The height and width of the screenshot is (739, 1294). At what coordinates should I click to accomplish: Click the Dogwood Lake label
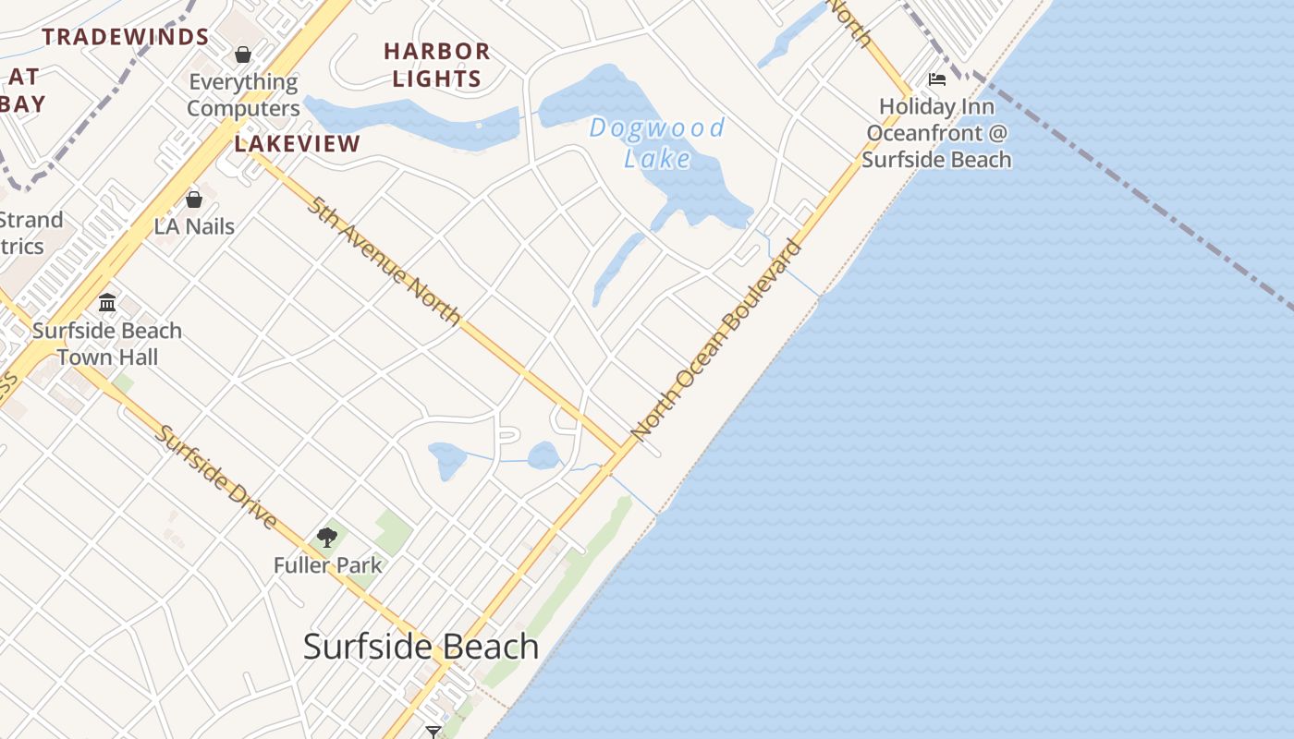657,142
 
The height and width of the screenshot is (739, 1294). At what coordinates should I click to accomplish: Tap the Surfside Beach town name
421,647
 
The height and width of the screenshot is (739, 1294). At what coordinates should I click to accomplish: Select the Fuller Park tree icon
327,537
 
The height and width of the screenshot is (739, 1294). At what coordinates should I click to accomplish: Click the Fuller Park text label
327,564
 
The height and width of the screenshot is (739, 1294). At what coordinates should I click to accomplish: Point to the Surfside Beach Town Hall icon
107,302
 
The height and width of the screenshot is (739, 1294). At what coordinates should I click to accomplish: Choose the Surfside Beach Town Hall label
107,344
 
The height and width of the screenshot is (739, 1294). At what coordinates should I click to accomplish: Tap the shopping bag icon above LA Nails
194,199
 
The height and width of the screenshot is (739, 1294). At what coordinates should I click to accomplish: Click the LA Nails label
194,226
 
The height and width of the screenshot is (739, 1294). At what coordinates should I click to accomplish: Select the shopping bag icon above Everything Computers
243,55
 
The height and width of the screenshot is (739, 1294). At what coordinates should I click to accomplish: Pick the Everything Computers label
243,95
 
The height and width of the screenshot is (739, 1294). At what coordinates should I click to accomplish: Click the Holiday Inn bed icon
937,79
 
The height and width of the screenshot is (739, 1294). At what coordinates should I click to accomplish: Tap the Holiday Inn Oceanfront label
937,133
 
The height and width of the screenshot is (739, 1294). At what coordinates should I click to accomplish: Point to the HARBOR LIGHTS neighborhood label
437,65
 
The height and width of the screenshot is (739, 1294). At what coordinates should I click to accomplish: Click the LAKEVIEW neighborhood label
297,143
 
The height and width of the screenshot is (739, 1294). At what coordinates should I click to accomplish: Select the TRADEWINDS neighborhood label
126,37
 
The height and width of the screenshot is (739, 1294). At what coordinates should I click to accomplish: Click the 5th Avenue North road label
385,260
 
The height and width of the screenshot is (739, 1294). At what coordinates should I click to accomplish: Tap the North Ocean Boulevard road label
716,339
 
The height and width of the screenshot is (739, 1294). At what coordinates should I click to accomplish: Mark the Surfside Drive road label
216,477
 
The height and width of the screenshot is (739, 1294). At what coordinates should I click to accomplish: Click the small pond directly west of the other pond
447,459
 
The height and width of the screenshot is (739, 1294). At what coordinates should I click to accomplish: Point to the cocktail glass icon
433,732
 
